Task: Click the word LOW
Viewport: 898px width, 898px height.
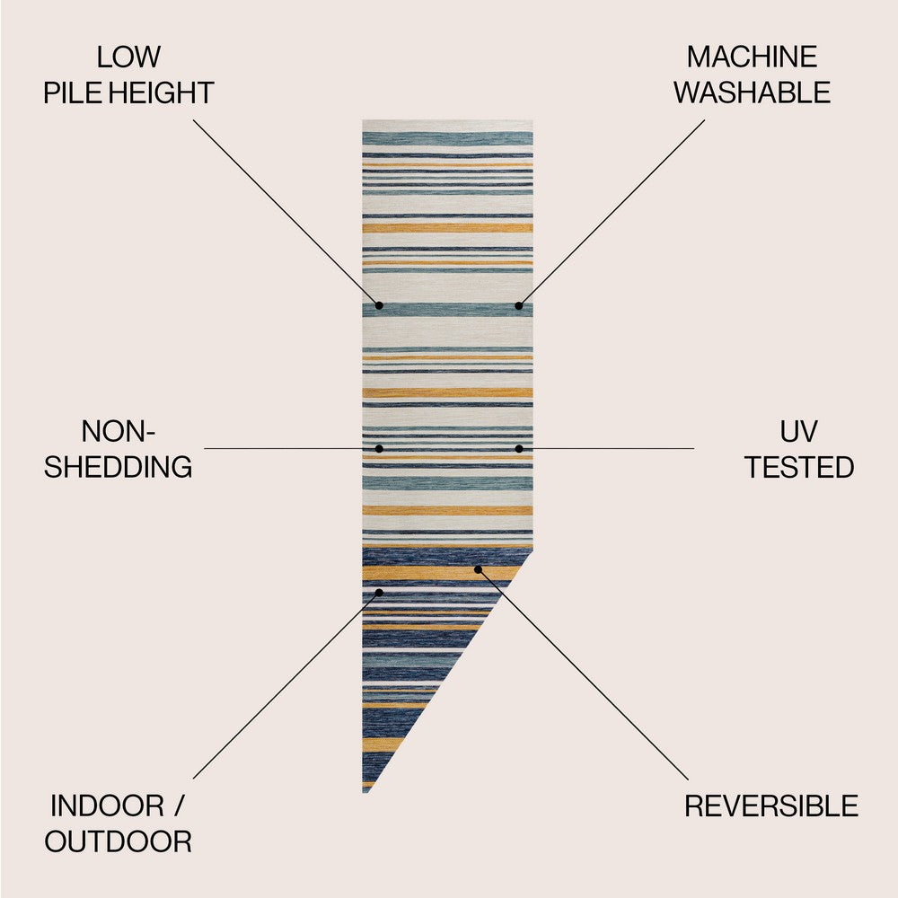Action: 128,57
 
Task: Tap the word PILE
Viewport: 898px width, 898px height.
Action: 74,92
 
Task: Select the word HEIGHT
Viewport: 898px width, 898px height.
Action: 162,92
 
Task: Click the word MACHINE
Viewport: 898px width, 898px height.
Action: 752,57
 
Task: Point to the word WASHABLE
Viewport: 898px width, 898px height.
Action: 752,92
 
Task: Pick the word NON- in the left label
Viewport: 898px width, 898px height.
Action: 118,431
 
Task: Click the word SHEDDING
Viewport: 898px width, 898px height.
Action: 118,467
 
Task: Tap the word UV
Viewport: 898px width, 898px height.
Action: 799,431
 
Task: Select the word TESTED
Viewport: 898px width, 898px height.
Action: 799,467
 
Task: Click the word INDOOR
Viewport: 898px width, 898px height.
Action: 107,806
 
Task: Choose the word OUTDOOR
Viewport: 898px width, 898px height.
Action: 118,842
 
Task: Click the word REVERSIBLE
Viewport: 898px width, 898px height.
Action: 771,806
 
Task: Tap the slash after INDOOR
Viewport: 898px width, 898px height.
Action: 179,806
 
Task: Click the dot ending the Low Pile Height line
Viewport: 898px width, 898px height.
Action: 379,306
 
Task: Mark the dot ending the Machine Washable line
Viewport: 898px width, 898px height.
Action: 518,306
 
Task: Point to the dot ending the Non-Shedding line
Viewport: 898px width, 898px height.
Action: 379,448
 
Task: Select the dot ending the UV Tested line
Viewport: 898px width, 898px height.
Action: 518,448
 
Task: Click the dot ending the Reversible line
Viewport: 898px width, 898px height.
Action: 478,569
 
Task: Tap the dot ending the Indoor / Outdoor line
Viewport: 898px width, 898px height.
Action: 379,592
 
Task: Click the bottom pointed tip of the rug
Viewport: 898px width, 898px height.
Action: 365,792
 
